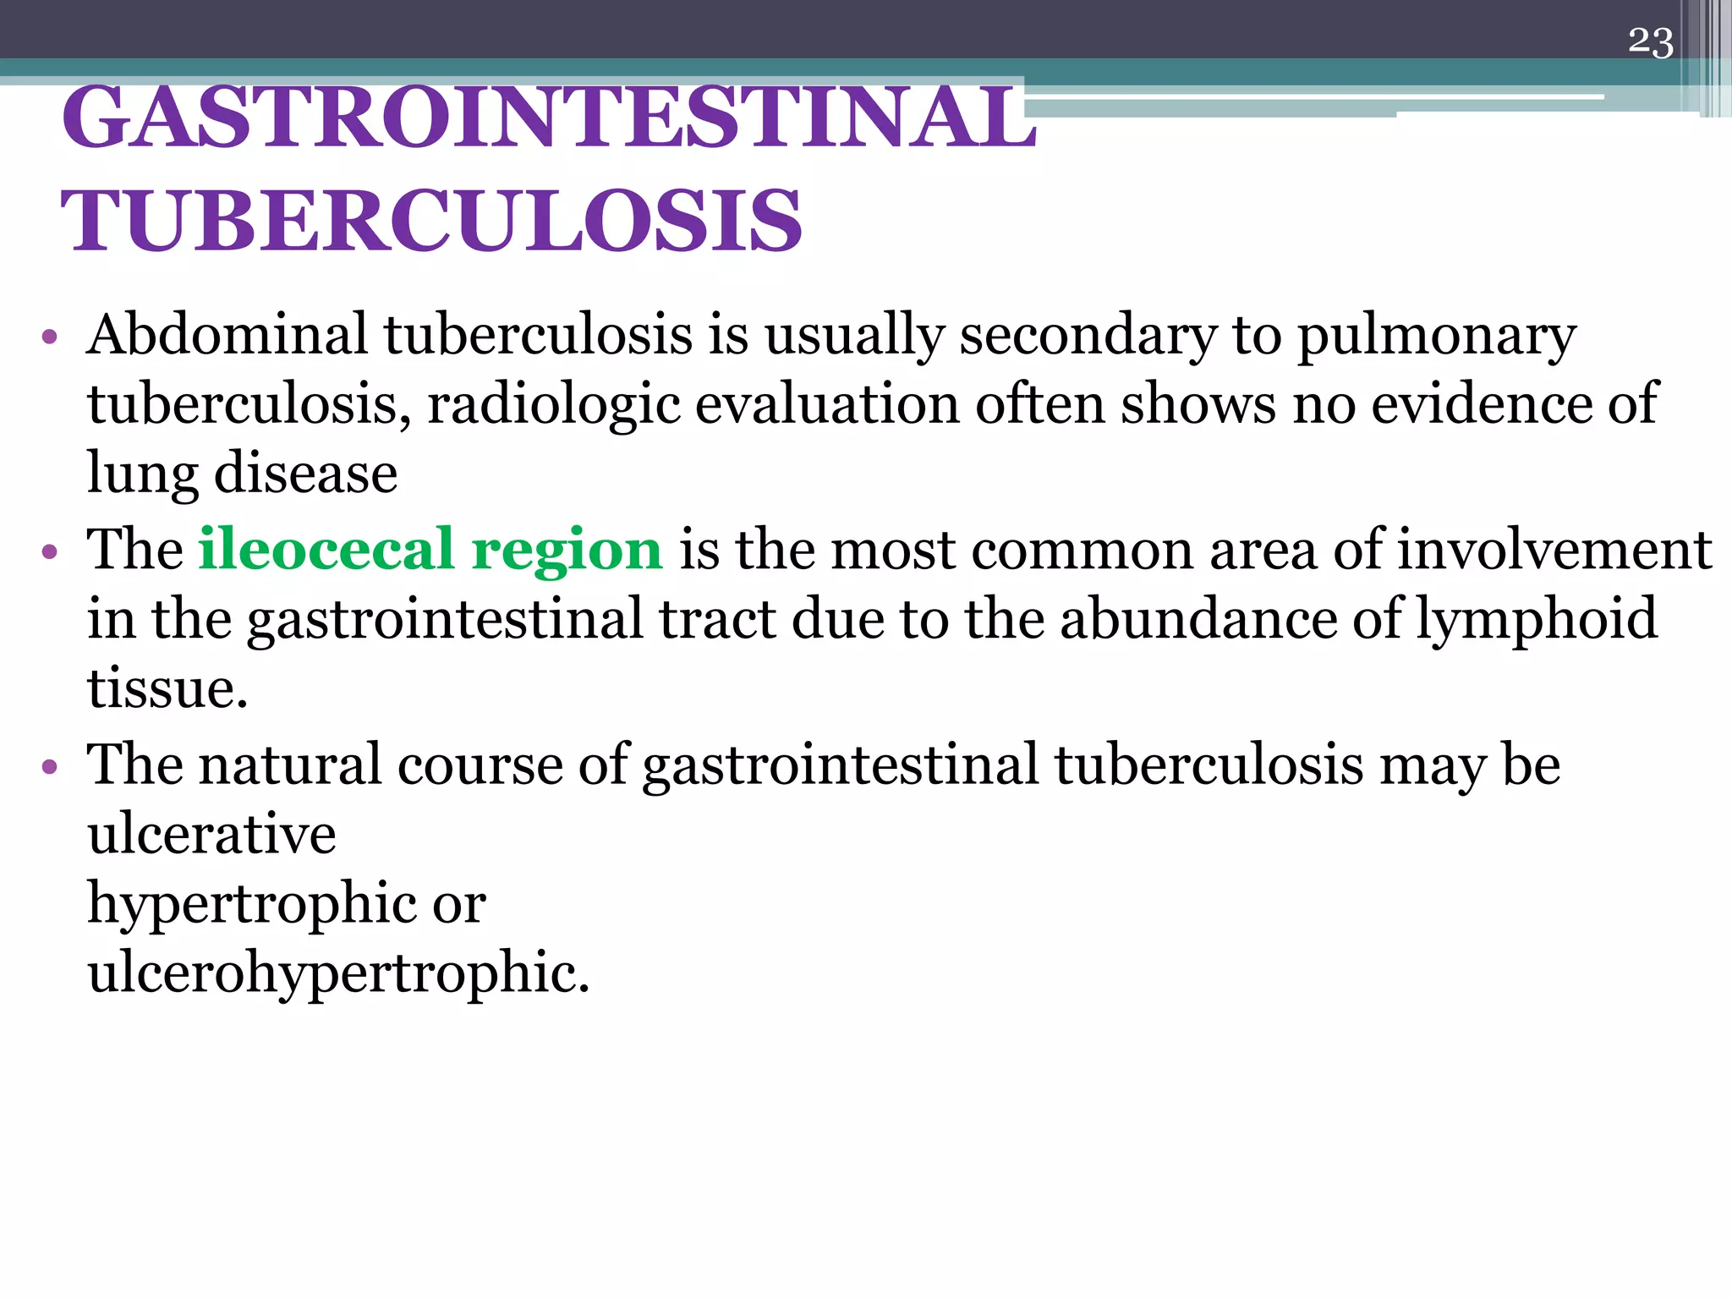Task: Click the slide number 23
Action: pos(1650,41)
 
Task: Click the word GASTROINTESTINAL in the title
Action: pos(548,118)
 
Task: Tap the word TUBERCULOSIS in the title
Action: pos(431,221)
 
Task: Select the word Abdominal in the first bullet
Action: pos(228,335)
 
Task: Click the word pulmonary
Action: pos(1437,337)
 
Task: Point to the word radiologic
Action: pos(553,405)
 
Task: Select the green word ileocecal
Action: pos(326,550)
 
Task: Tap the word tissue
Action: pos(167,688)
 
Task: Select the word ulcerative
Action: pos(211,834)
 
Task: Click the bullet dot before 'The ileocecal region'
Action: pos(49,552)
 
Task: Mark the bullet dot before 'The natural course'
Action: pos(49,767)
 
